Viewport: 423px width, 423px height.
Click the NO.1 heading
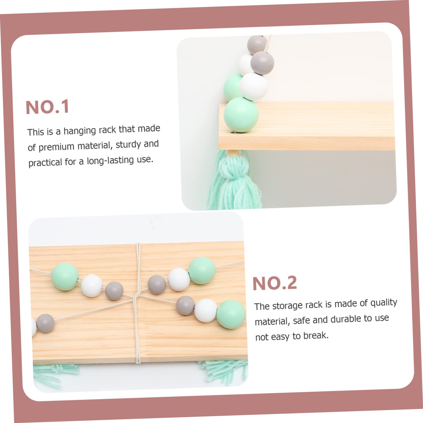coord(48,107)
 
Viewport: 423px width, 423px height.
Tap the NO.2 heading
coord(275,283)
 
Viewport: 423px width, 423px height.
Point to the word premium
coord(56,147)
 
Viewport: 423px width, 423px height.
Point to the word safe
coord(301,321)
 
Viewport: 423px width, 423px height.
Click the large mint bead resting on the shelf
coord(241,115)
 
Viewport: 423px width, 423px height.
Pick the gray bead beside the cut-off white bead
coord(45,323)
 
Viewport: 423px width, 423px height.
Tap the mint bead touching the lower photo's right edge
coord(231,315)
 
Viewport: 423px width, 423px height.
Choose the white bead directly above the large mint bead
coord(253,86)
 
